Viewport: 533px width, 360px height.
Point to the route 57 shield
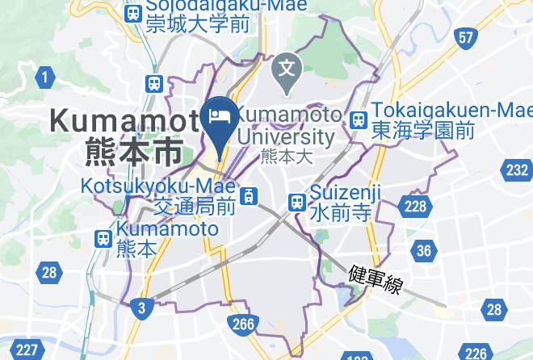pos(464,38)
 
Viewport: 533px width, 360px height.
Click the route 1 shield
pos(45,77)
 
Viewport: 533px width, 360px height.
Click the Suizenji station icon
pos(297,201)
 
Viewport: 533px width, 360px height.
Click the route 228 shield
pos(415,207)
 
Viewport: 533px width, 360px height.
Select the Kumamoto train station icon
pos(103,239)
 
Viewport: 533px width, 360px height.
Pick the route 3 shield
pos(141,307)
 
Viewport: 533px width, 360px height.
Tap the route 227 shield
pos(27,350)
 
